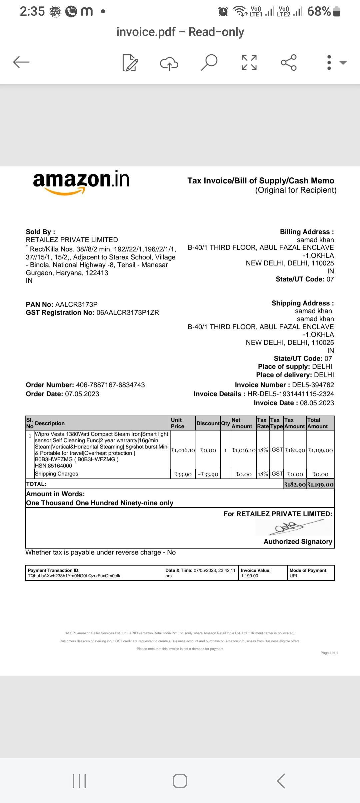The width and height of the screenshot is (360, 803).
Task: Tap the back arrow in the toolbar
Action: coord(21,62)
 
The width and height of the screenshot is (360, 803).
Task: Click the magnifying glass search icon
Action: coord(209,62)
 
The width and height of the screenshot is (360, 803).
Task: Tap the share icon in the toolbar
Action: coord(289,62)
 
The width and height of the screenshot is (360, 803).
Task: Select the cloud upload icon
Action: coord(169,63)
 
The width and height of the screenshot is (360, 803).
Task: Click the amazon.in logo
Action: coord(81,181)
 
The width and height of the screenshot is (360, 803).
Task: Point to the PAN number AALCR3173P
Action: coord(76,304)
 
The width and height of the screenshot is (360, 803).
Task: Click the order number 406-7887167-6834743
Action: coord(110,385)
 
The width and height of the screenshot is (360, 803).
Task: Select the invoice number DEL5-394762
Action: coord(313,385)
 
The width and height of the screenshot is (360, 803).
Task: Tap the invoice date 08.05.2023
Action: coord(317,403)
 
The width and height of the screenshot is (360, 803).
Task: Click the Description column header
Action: coord(50,423)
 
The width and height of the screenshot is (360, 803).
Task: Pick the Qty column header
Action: coord(225,423)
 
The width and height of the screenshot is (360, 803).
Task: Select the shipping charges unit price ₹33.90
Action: coord(183,474)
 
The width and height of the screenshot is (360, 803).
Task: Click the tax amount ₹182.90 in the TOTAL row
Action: coord(295,485)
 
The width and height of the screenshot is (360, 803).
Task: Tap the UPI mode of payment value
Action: coord(293,576)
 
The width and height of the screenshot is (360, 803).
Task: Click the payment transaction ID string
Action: coord(74,576)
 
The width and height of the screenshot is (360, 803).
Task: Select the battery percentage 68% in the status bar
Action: coord(319,11)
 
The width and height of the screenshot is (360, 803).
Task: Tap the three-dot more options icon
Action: coord(329,62)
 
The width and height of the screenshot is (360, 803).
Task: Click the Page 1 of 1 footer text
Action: coord(329,653)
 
